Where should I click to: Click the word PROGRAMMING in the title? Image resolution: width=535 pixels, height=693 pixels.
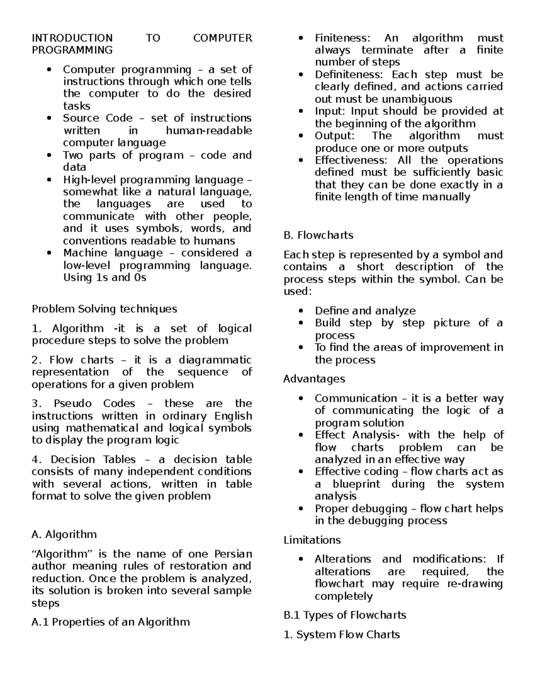click(x=72, y=50)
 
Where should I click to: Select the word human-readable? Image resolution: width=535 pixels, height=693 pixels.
click(x=209, y=131)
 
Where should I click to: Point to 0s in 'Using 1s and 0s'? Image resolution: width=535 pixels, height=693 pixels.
click(x=140, y=278)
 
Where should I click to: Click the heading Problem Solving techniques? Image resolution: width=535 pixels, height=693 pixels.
click(x=104, y=309)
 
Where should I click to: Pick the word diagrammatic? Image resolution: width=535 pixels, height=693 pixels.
click(x=215, y=360)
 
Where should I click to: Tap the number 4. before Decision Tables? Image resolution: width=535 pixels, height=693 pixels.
click(x=37, y=460)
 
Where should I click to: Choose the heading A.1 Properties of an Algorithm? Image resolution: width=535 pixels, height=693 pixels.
click(x=111, y=622)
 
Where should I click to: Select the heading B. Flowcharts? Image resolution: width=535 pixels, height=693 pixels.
click(x=318, y=235)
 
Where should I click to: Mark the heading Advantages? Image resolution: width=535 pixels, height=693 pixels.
click(x=314, y=379)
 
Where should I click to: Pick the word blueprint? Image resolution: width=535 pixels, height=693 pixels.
click(x=356, y=484)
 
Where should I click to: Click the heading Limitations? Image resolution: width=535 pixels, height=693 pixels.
click(x=312, y=540)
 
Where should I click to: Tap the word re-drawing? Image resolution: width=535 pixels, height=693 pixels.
click(x=475, y=584)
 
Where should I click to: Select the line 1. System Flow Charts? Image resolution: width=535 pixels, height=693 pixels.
click(x=342, y=635)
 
